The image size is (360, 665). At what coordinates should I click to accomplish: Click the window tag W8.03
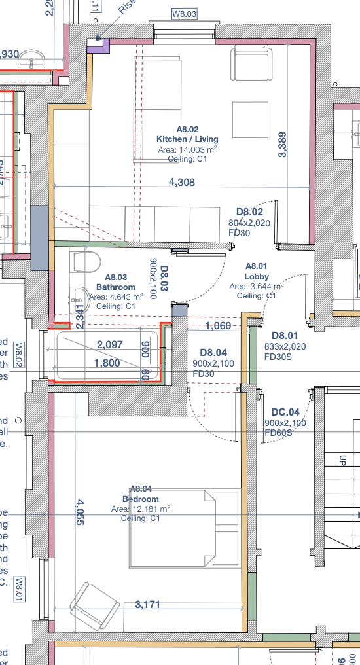coord(184,13)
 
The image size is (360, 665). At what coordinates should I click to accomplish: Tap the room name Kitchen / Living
coord(187,139)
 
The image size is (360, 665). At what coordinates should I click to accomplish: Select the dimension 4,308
coord(181,183)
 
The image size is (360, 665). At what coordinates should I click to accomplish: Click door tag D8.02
coord(249,212)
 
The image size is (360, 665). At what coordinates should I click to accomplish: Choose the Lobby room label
coord(257,276)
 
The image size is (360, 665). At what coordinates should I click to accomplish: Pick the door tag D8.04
coord(213,352)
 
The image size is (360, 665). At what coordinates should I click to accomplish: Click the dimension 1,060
coord(217,326)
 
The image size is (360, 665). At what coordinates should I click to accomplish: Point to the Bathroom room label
coord(116,287)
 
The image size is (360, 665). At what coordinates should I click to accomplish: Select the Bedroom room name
coord(141,498)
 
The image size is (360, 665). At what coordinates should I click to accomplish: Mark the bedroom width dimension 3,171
coord(147,605)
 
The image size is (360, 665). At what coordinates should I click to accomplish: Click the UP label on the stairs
coord(342,461)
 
